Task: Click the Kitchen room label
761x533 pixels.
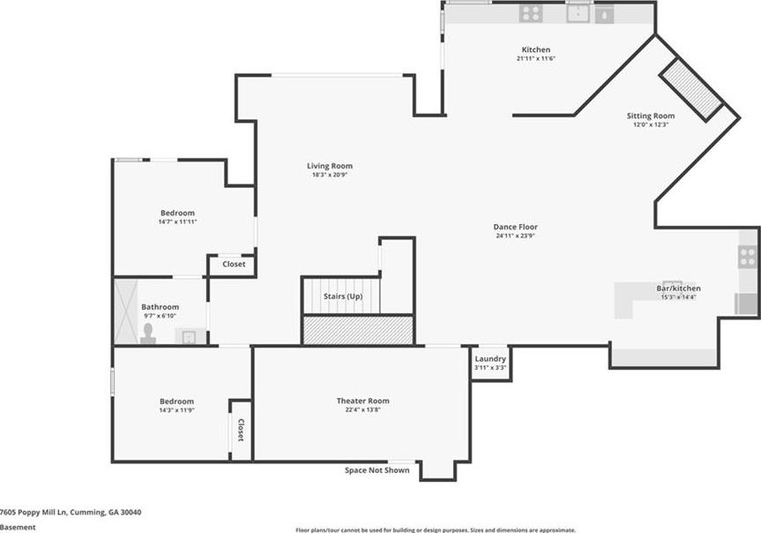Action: coord(536,49)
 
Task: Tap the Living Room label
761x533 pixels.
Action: coord(330,166)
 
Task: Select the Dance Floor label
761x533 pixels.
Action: coord(516,227)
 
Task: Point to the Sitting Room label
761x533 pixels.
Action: coord(651,116)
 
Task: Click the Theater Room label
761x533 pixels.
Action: coord(363,401)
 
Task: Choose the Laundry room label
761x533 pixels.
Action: coord(490,359)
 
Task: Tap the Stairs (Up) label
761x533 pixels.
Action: coord(343,297)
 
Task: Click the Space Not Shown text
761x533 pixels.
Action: coord(377,470)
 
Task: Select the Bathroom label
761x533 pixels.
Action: coord(160,307)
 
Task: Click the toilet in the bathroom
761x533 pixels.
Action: coord(148,334)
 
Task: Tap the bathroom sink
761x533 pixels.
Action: coord(189,336)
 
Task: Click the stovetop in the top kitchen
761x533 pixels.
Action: coord(531,13)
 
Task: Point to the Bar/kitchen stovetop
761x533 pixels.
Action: coord(748,257)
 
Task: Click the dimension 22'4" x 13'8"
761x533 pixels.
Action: coord(362,409)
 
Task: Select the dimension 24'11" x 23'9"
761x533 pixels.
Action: coord(516,236)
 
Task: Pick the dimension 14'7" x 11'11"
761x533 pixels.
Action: coord(177,221)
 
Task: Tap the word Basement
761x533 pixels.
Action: coord(18,527)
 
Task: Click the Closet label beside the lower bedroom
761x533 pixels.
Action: coord(241,430)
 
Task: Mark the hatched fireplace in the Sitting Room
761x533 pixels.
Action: coord(691,90)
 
